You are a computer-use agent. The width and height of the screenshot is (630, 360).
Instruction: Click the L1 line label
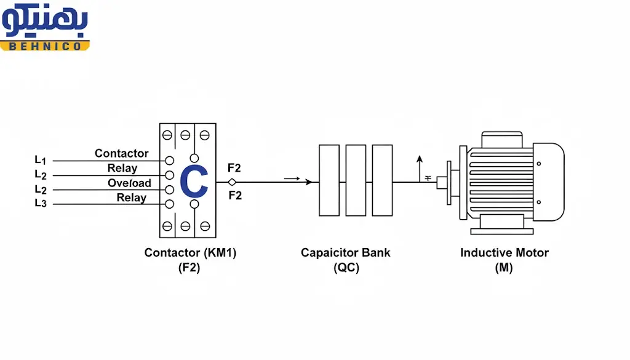[x=40, y=160]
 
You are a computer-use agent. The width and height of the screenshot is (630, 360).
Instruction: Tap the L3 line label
[x=40, y=203]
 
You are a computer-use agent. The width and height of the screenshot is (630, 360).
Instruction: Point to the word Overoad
[x=129, y=183]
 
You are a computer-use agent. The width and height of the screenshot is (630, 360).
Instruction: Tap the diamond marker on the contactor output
[x=232, y=182]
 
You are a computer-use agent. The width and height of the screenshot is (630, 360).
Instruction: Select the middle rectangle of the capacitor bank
[x=356, y=180]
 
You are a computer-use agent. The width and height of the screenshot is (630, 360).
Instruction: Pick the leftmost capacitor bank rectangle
[x=329, y=180]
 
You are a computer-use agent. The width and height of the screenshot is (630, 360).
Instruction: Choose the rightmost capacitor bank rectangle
[x=382, y=180]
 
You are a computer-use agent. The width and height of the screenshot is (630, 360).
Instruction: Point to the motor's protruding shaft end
[x=441, y=182]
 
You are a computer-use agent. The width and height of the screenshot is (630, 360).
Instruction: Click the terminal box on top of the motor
[x=501, y=138]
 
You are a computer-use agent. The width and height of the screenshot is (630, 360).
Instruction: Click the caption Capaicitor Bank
[x=345, y=253]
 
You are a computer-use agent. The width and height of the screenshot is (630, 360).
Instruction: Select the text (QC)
[x=346, y=268]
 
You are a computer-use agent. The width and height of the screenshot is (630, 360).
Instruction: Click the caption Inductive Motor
[x=504, y=253]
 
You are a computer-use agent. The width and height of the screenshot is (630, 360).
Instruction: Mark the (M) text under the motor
[x=503, y=268]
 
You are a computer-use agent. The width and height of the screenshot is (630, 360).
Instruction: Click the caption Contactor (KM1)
[x=190, y=253]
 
